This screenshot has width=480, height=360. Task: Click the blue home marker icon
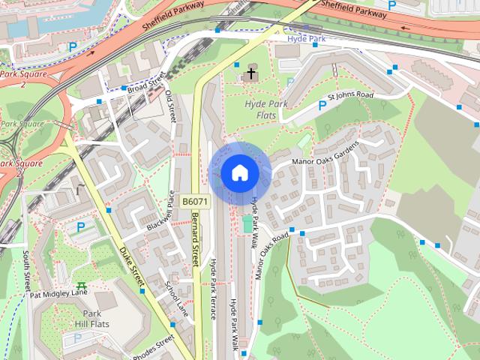(x=239, y=173)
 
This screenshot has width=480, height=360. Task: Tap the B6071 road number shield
(x=194, y=202)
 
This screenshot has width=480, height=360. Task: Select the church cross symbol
(x=250, y=74)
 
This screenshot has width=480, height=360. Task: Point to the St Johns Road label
(x=350, y=96)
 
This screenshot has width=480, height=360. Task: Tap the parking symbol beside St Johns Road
(x=322, y=105)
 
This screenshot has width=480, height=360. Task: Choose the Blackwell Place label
(x=164, y=217)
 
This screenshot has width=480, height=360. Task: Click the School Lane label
(x=173, y=298)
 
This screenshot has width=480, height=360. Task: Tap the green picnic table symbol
(x=81, y=286)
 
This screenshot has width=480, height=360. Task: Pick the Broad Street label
(x=145, y=85)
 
